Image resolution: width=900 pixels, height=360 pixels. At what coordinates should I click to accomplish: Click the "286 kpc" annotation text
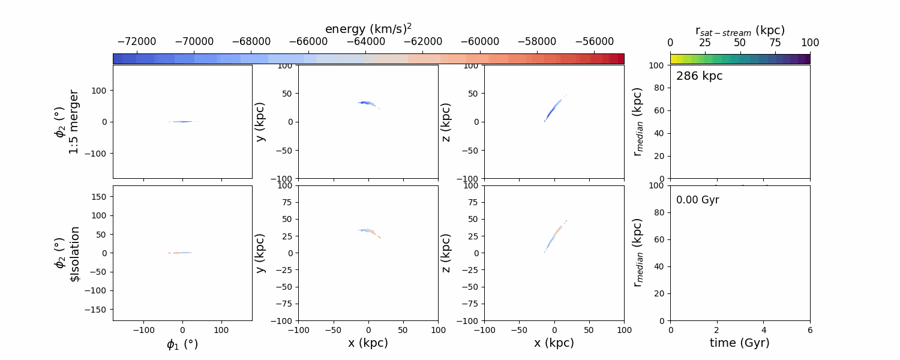click(699, 76)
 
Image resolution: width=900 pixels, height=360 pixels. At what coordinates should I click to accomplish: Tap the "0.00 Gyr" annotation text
click(697, 200)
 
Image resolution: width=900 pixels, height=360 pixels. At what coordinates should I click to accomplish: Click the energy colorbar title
click(368, 29)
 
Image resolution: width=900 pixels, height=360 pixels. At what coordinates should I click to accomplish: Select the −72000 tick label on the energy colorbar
click(137, 42)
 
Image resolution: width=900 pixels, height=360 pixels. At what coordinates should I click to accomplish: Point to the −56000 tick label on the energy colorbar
click(595, 42)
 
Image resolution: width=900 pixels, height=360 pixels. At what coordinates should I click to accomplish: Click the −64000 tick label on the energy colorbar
click(366, 42)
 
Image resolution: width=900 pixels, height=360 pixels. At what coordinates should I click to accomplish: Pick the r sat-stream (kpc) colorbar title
click(740, 30)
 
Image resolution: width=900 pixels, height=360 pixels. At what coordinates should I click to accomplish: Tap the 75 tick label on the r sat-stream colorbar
click(775, 42)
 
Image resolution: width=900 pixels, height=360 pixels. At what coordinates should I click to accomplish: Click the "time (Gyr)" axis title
click(740, 343)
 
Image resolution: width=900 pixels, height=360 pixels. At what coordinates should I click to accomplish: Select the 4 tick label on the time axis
click(764, 329)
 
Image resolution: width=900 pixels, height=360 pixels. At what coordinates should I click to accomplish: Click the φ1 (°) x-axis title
click(182, 344)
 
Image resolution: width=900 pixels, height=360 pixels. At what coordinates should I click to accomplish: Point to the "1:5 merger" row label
click(73, 122)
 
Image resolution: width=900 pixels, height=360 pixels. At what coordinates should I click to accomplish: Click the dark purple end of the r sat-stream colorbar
click(807, 58)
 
